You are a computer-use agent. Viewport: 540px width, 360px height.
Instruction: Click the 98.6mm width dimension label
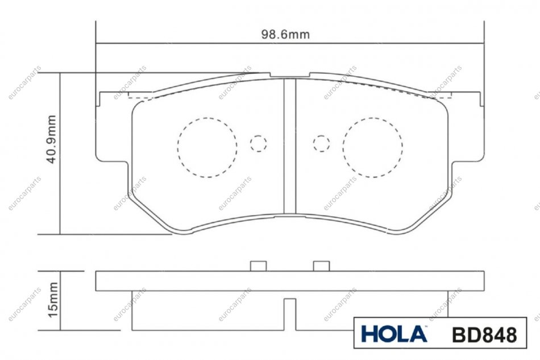[285, 35]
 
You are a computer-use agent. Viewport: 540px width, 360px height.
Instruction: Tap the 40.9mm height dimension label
[51, 139]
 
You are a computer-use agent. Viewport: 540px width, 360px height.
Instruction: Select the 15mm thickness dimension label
[53, 300]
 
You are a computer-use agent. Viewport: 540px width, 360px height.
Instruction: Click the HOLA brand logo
[394, 334]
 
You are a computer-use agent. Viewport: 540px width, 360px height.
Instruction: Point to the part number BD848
[484, 334]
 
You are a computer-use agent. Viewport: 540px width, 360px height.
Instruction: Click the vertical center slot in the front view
[290, 146]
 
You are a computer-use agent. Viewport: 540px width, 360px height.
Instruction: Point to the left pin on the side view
[258, 266]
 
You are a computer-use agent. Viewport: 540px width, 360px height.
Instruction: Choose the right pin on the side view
[321, 266]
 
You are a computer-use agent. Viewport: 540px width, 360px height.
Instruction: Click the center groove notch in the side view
[290, 314]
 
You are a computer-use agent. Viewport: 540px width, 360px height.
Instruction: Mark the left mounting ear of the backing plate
[113, 127]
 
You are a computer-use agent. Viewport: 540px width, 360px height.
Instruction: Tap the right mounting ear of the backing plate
[467, 127]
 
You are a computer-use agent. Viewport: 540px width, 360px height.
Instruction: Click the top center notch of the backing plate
[290, 75]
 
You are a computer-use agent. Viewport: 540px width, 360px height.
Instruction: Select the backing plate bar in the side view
[290, 281]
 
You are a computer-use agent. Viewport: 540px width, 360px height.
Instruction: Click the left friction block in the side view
[208, 311]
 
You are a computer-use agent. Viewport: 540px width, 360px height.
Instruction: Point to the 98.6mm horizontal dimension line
[290, 44]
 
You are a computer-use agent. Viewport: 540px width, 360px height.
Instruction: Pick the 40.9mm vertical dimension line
[60, 154]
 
